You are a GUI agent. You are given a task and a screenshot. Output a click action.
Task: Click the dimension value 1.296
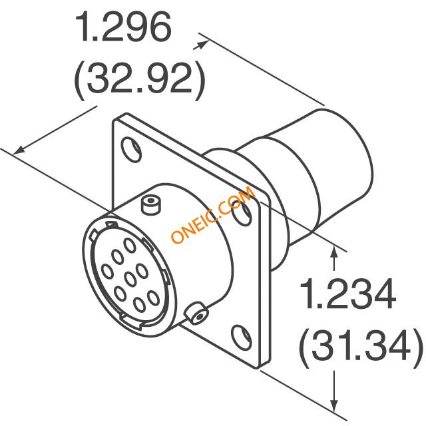(x=123, y=27)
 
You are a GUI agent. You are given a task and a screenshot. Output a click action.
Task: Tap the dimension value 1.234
(x=347, y=294)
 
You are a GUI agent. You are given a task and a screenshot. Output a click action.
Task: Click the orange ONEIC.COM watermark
(x=213, y=215)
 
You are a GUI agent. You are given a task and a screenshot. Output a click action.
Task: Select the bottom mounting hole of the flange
(x=241, y=336)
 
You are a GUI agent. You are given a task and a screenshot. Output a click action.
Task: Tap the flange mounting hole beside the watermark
(x=242, y=214)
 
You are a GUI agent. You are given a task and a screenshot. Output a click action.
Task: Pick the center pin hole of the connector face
(x=131, y=279)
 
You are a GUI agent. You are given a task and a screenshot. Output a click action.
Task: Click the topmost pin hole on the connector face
(x=130, y=245)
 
